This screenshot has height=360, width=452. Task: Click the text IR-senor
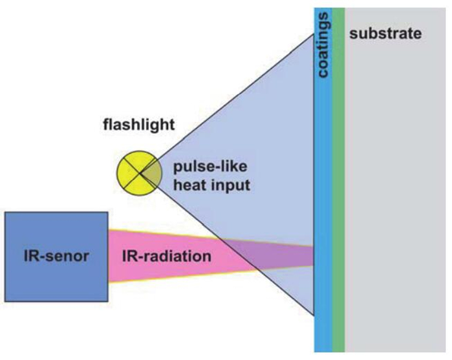coord(55,256)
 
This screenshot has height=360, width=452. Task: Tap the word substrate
coord(385,34)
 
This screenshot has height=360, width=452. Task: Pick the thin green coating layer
coord(338,194)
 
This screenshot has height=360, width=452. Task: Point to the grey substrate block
coord(394,194)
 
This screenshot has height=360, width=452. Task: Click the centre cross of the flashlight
coord(137,173)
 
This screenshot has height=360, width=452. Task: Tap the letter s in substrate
coord(353,34)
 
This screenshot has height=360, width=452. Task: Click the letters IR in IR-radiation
coord(129,256)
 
